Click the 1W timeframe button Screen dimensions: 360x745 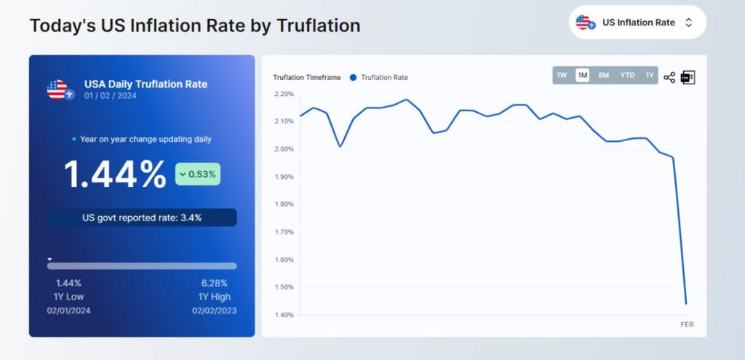click(x=562, y=75)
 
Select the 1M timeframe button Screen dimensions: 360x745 click(x=582, y=75)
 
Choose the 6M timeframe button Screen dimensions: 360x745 click(x=603, y=75)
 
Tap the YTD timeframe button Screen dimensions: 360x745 click(x=626, y=75)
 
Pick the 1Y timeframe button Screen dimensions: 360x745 click(x=649, y=75)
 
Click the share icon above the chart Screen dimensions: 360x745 click(x=669, y=77)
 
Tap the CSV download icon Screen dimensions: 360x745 click(x=688, y=77)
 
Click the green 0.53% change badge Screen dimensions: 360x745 click(x=197, y=174)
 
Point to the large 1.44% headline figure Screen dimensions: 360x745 click(x=115, y=175)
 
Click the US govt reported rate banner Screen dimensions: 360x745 click(x=142, y=217)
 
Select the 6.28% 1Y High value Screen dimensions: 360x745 click(x=214, y=283)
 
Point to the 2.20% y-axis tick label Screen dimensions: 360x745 click(x=284, y=94)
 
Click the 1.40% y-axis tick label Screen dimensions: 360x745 click(x=284, y=315)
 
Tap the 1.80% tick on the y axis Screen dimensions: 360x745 click(x=284, y=204)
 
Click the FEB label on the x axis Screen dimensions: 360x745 click(x=686, y=324)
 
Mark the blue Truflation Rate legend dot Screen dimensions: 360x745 click(x=353, y=77)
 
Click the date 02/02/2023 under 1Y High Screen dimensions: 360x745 click(x=214, y=311)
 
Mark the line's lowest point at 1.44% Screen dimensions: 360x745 click(x=685, y=303)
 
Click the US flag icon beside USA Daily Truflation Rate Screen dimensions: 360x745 click(x=58, y=90)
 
